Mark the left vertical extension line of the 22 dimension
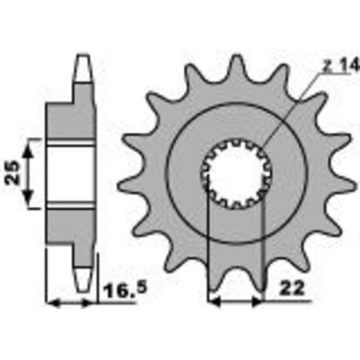208,247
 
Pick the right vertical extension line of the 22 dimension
263,247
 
